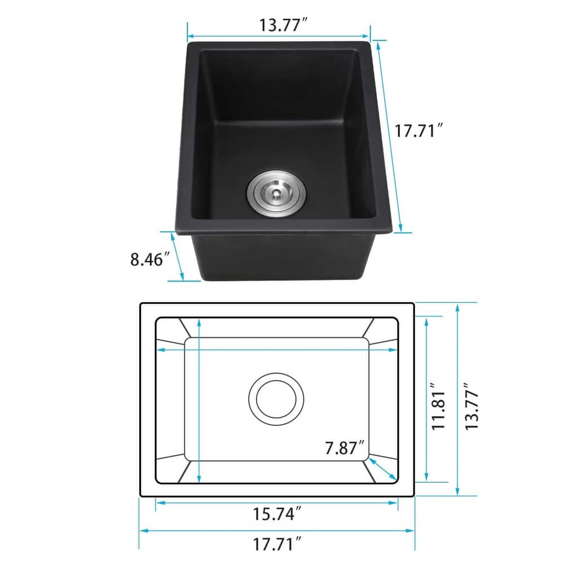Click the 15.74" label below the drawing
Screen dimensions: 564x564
(x=277, y=514)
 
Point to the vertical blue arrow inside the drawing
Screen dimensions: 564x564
(x=199, y=400)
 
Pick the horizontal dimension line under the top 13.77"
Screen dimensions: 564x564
(x=279, y=34)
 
